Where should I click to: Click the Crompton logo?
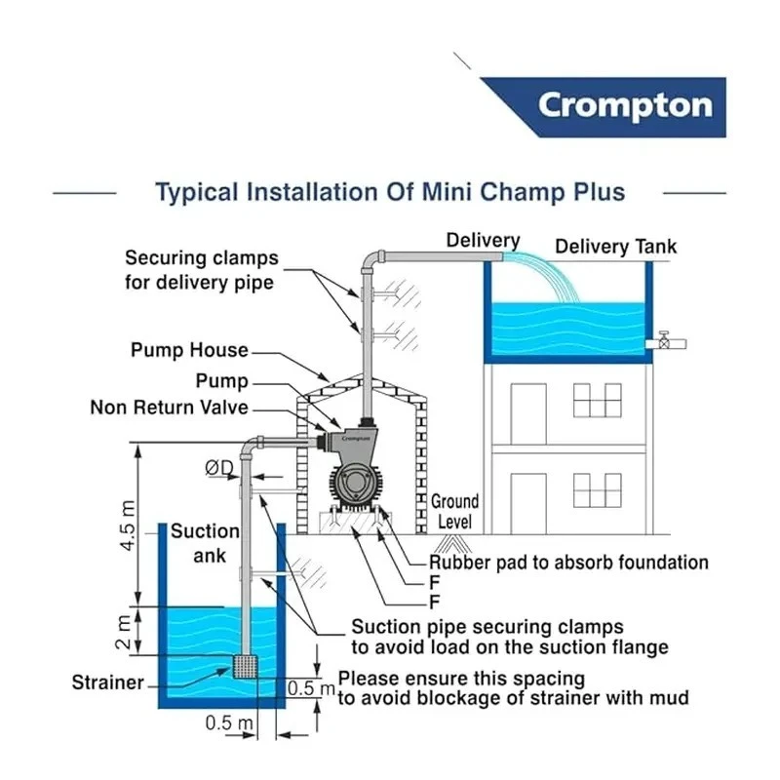(x=624, y=105)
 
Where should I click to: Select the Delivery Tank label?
(x=615, y=247)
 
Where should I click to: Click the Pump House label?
(x=189, y=350)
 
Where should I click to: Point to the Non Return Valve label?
(x=170, y=408)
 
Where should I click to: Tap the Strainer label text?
(x=107, y=682)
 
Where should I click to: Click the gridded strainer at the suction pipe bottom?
(x=245, y=667)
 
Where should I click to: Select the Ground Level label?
(x=454, y=512)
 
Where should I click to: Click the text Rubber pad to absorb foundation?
(x=569, y=563)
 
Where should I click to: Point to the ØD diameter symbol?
(x=218, y=469)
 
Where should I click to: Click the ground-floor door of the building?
(x=528, y=503)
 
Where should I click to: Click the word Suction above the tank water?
(x=205, y=531)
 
